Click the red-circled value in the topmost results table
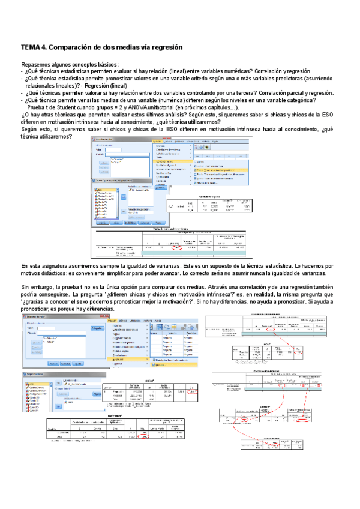point(175,247)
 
